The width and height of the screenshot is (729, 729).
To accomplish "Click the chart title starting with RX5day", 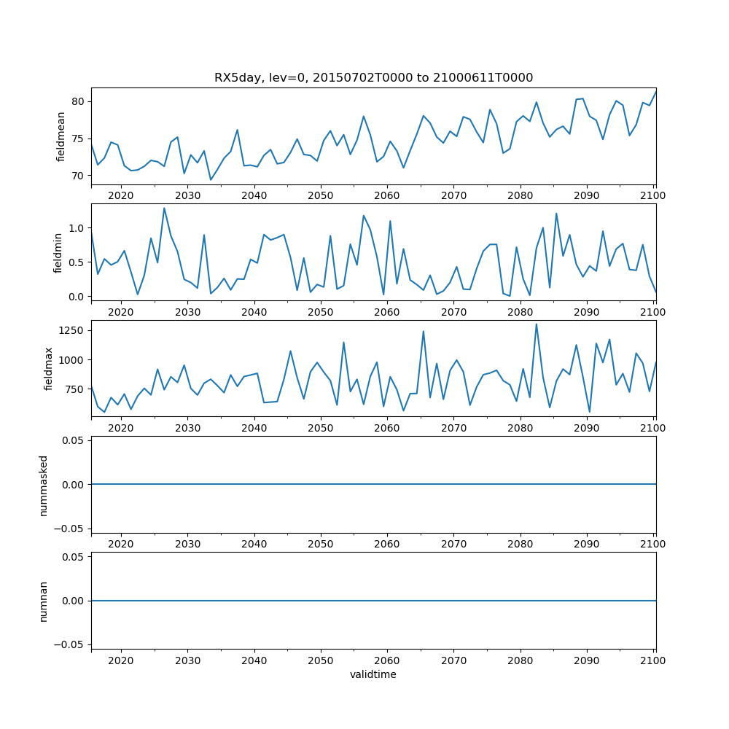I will click(373, 77).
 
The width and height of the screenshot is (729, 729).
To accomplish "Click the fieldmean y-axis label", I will click(61, 136).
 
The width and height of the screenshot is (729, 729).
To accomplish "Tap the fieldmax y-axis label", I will click(50, 369).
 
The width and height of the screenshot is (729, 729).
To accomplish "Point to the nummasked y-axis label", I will click(44, 485).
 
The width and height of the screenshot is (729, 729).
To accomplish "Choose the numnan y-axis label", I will click(44, 601).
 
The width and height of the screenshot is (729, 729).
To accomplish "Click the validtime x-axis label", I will click(373, 675).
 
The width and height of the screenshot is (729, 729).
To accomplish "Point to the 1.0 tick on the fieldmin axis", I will click(77, 228).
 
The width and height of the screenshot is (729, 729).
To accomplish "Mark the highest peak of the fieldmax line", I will click(537, 324).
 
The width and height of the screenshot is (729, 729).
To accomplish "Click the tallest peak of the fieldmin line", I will click(164, 208).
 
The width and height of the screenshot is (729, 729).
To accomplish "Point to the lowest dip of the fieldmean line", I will click(211, 180).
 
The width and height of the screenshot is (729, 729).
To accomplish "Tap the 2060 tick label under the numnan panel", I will click(387, 660).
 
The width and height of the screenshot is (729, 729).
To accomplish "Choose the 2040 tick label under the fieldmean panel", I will click(254, 195).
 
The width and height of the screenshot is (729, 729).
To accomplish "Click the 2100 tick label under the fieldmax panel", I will click(653, 428).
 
